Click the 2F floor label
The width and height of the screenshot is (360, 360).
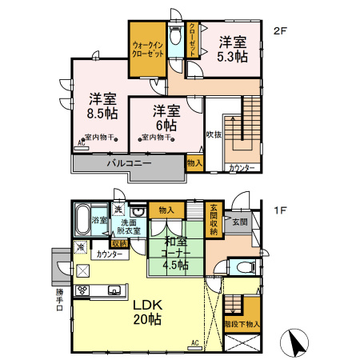click(279, 31)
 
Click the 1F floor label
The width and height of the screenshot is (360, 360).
click(279, 210)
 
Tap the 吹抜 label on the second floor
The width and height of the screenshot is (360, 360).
click(213, 134)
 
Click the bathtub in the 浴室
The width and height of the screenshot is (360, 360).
click(82, 218)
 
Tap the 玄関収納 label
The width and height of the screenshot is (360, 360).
click(214, 220)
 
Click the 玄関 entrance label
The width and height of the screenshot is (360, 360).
click(241, 222)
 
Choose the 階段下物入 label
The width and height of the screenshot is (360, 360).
click(242, 326)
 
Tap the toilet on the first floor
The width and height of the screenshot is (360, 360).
click(241, 268)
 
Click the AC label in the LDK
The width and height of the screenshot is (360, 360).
click(194, 343)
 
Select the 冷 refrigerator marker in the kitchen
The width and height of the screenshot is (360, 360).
click(81, 248)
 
